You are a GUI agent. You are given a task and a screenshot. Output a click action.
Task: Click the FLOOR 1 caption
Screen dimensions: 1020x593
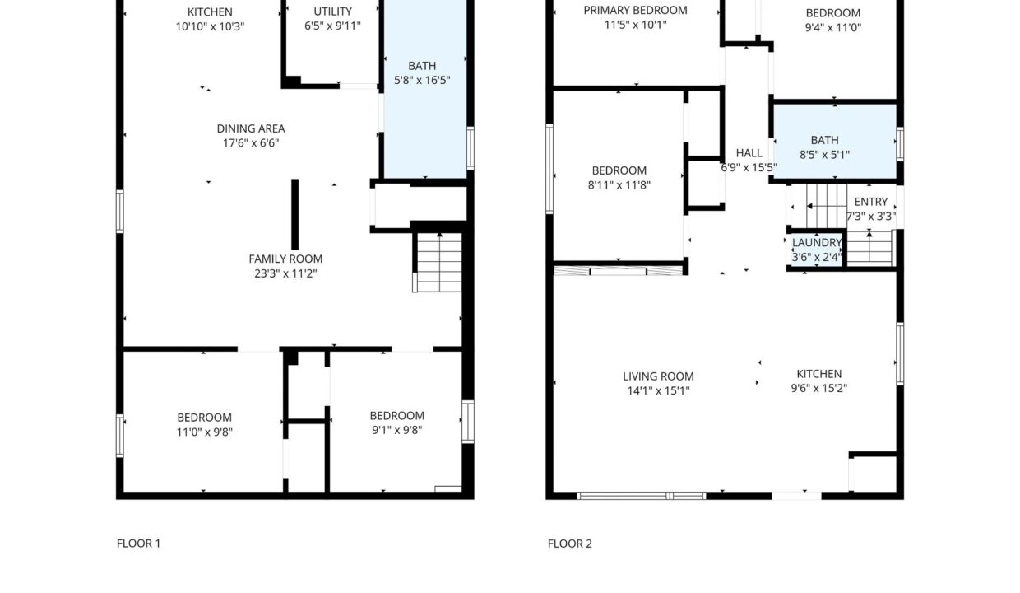tap(138, 544)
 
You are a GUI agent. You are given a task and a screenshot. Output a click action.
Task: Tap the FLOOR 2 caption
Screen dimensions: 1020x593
tap(570, 544)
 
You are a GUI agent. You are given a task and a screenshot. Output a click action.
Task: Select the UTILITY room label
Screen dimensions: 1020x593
tap(332, 12)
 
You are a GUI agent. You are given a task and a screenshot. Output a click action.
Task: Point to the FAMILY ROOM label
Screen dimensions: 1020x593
tap(285, 259)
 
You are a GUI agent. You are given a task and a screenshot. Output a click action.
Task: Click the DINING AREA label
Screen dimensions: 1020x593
tap(251, 128)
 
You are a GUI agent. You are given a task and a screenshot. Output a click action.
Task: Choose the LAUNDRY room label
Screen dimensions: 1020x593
tap(817, 242)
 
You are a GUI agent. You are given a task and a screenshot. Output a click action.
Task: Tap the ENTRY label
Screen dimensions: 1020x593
tap(870, 202)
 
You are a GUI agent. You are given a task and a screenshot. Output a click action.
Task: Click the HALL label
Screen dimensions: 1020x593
tap(749, 153)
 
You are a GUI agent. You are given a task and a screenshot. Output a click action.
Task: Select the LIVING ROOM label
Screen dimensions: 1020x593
tap(658, 376)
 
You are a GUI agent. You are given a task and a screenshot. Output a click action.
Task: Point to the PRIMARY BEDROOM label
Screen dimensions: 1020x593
tap(635, 11)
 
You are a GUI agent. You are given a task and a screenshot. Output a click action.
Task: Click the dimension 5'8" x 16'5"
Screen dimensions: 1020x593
tap(422, 80)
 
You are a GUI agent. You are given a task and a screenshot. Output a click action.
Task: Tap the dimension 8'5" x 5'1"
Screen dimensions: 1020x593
tap(825, 155)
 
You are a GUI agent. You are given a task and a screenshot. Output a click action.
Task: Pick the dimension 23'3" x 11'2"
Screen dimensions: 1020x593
tap(285, 273)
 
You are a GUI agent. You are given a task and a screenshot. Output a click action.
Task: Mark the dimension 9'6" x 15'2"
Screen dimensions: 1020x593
tap(818, 389)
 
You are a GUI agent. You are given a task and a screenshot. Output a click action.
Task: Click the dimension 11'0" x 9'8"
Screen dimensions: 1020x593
tap(205, 432)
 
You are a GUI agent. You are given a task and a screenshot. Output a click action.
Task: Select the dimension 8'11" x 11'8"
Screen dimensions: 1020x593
tap(619, 185)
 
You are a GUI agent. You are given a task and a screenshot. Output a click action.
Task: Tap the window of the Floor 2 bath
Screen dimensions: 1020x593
tap(900, 144)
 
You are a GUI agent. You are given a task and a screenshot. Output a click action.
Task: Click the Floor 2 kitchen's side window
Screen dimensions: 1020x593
tap(900, 353)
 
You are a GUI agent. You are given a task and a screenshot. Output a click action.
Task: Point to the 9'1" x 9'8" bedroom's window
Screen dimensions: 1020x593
tap(468, 422)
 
